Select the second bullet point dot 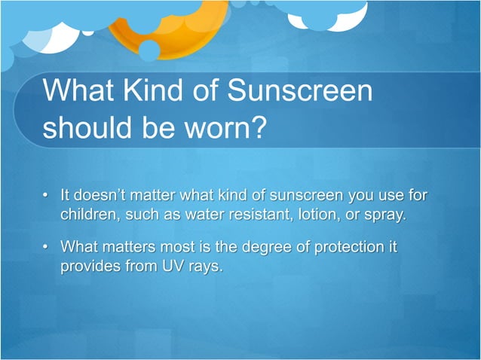point(47,247)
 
